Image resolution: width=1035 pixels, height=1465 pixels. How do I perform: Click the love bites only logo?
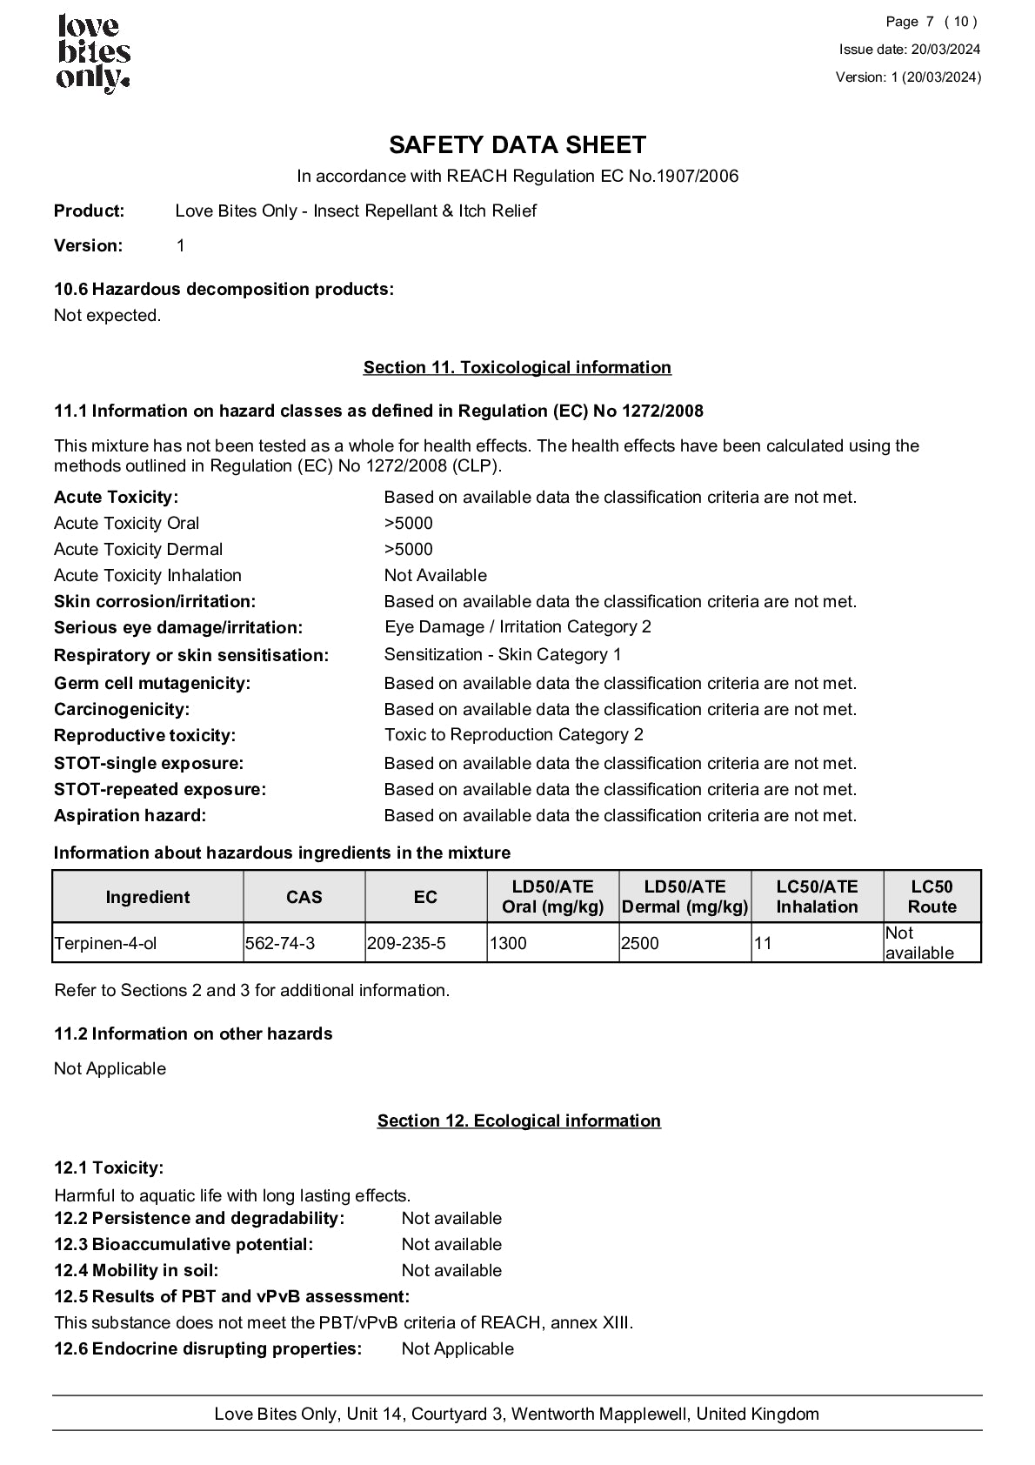tap(93, 54)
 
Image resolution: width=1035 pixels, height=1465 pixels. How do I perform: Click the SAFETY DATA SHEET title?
tap(517, 144)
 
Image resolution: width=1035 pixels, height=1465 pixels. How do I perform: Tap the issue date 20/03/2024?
tap(910, 50)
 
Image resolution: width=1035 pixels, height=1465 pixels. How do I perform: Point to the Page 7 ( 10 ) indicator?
tap(931, 22)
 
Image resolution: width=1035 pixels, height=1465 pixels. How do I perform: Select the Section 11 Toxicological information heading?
tap(517, 367)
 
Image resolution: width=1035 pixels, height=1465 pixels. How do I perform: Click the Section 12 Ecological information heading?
tap(518, 1120)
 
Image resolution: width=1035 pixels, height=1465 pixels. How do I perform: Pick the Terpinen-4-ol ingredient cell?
tap(106, 943)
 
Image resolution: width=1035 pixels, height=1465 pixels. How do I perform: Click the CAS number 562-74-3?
tap(280, 943)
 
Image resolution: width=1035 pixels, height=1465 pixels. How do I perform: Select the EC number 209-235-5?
tap(406, 943)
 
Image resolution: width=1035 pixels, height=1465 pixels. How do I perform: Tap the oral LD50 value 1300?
tap(508, 943)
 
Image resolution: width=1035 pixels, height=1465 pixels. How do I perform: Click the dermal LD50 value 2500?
tap(640, 943)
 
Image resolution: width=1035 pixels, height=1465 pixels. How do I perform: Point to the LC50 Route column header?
tap(931, 896)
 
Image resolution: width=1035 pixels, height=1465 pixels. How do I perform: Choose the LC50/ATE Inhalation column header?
tap(817, 896)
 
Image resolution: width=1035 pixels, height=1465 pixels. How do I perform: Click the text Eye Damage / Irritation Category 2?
tap(517, 627)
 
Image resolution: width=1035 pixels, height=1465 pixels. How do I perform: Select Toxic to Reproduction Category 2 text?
tap(514, 735)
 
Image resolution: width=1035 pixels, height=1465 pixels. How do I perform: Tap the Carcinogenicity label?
tap(122, 710)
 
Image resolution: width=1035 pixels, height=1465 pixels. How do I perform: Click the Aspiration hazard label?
tap(130, 816)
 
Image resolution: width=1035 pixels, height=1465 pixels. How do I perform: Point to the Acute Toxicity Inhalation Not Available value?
tap(436, 576)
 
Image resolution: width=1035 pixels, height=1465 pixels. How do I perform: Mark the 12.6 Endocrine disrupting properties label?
tap(208, 1348)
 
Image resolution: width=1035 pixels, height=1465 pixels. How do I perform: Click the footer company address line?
tap(517, 1414)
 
